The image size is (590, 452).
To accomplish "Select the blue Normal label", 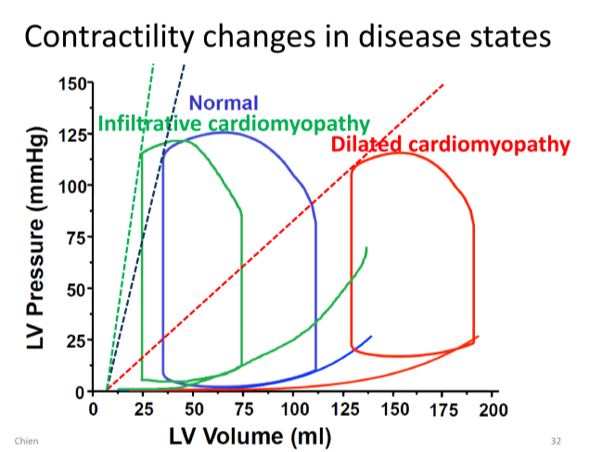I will pyautogui.click(x=224, y=103).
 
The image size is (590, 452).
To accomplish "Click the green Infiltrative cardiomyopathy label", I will pyautogui.click(x=234, y=123).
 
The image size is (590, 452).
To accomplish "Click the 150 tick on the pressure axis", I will pyautogui.click(x=71, y=84).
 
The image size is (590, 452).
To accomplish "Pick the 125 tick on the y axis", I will pyautogui.click(x=71, y=135).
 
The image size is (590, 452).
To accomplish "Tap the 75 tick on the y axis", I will pyautogui.click(x=75, y=237).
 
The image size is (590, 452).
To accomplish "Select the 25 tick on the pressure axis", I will pyautogui.click(x=75, y=339).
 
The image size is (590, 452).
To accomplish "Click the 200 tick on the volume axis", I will pyautogui.click(x=494, y=408).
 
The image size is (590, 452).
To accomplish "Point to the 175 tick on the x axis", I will pyautogui.click(x=444, y=408).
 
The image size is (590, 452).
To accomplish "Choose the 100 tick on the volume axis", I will pyautogui.click(x=294, y=408).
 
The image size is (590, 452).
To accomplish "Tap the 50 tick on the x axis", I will pyautogui.click(x=193, y=408).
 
